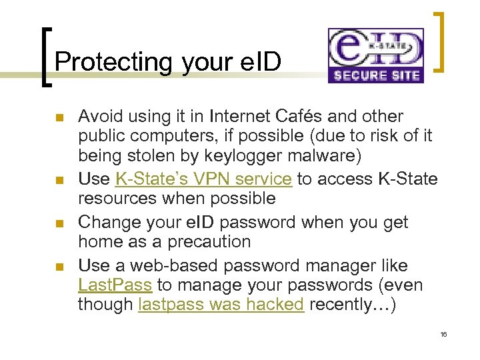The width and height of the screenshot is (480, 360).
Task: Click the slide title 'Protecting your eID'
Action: [x=168, y=61]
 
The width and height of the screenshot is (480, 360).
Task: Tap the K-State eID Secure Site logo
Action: [x=375, y=55]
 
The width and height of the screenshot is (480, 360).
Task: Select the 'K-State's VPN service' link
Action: [x=203, y=179]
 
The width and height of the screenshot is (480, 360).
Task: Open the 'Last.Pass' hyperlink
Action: [x=115, y=285]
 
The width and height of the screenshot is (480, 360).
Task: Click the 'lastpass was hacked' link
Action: [x=221, y=305]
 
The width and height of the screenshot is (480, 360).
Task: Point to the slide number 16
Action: [x=443, y=333]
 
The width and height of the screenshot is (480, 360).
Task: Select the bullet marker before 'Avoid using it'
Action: [x=58, y=118]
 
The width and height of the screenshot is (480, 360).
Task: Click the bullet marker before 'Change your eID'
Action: [x=58, y=223]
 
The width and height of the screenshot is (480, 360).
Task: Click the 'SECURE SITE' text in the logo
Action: [x=376, y=75]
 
